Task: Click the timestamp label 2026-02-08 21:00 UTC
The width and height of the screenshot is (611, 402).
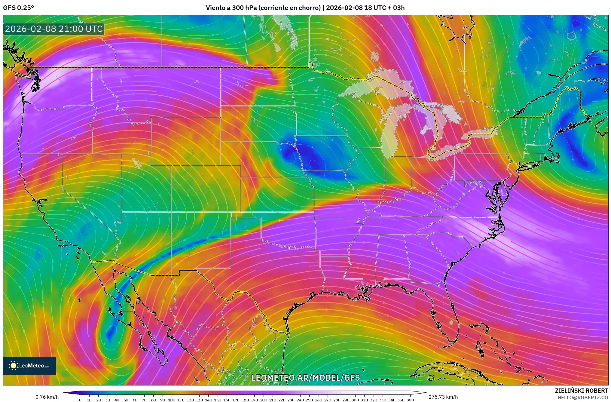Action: (x=54, y=29)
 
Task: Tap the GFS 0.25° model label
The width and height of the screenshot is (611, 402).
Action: (x=18, y=8)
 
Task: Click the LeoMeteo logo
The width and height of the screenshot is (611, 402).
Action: (x=29, y=366)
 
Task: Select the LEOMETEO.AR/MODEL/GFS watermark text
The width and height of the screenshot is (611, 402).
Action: (x=305, y=378)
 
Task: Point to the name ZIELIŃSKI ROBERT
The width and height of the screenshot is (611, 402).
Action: (x=581, y=391)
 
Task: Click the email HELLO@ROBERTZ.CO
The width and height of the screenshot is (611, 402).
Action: (x=583, y=397)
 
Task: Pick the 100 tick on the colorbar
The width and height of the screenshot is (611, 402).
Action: (x=171, y=400)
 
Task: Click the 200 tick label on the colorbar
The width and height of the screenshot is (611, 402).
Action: (x=263, y=400)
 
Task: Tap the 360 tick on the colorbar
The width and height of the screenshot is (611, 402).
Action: (x=410, y=400)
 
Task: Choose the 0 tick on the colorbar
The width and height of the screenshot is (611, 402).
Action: (x=80, y=400)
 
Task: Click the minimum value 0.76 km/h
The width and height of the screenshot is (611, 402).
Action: (x=47, y=397)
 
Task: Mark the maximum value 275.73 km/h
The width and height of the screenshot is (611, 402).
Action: (x=443, y=397)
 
